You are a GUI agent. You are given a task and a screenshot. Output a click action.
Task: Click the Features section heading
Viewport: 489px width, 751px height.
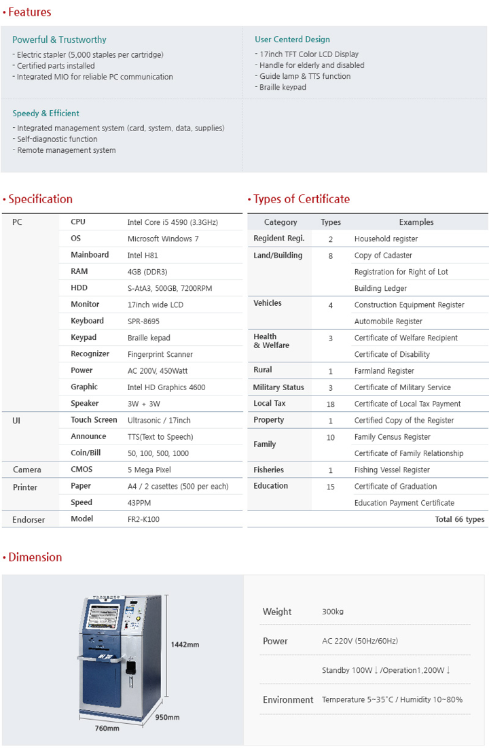[29, 12]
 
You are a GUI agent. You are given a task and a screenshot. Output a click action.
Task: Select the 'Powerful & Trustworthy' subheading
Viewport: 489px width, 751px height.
[59, 39]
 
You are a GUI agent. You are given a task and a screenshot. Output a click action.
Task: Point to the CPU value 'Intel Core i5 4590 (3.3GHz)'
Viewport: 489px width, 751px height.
[173, 222]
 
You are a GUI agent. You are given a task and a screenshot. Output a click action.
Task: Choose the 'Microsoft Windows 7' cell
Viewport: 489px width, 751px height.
[163, 239]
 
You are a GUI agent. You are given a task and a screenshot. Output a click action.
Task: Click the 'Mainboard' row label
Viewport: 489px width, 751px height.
[90, 255]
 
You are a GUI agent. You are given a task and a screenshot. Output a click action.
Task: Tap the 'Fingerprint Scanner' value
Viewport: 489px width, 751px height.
[160, 354]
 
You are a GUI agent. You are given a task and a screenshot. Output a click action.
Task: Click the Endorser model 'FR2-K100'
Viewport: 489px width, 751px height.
[143, 519]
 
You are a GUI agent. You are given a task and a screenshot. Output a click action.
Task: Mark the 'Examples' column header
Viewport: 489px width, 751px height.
[416, 222]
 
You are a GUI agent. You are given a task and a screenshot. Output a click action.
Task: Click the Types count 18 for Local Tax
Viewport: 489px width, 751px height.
[331, 404]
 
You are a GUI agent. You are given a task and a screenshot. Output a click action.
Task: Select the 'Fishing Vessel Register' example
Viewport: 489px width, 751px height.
[392, 470]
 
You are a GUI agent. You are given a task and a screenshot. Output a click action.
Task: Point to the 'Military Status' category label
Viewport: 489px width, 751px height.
[278, 387]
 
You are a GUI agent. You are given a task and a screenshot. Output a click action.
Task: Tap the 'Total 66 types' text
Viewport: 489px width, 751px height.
[460, 519]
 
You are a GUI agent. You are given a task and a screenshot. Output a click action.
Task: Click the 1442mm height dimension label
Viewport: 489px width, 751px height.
[185, 644]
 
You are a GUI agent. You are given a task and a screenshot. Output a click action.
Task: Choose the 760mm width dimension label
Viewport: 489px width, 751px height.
[107, 729]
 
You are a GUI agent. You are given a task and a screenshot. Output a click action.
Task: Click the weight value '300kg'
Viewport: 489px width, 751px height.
[333, 612]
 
